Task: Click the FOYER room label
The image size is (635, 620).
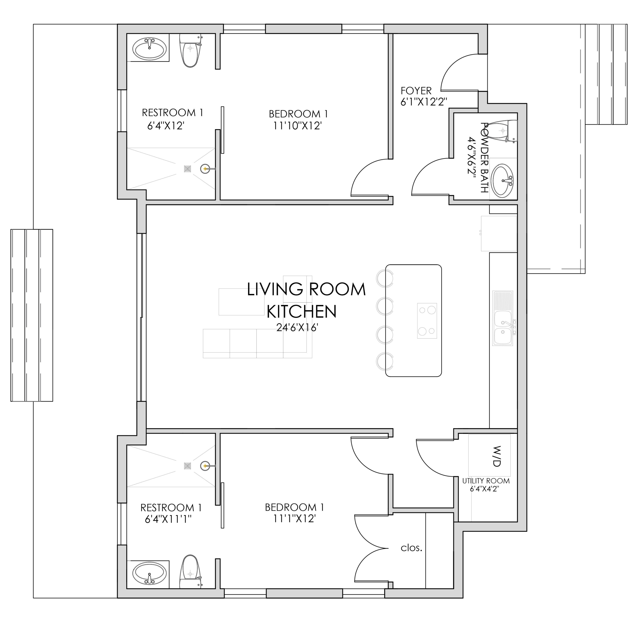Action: pyautogui.click(x=416, y=90)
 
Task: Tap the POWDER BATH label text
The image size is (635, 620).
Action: pyautogui.click(x=484, y=158)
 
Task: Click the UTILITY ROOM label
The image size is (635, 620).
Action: pyautogui.click(x=486, y=481)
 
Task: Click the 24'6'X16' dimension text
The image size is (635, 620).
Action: pyautogui.click(x=297, y=327)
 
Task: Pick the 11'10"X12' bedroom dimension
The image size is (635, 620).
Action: pyautogui.click(x=298, y=126)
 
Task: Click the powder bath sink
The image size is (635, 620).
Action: pyautogui.click(x=502, y=181)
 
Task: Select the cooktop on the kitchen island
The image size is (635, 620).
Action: pyautogui.click(x=427, y=321)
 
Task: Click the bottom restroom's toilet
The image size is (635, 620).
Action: pyautogui.click(x=190, y=571)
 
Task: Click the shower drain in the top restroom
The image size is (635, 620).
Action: pyautogui.click(x=187, y=169)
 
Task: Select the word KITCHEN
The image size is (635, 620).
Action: pyautogui.click(x=301, y=312)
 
